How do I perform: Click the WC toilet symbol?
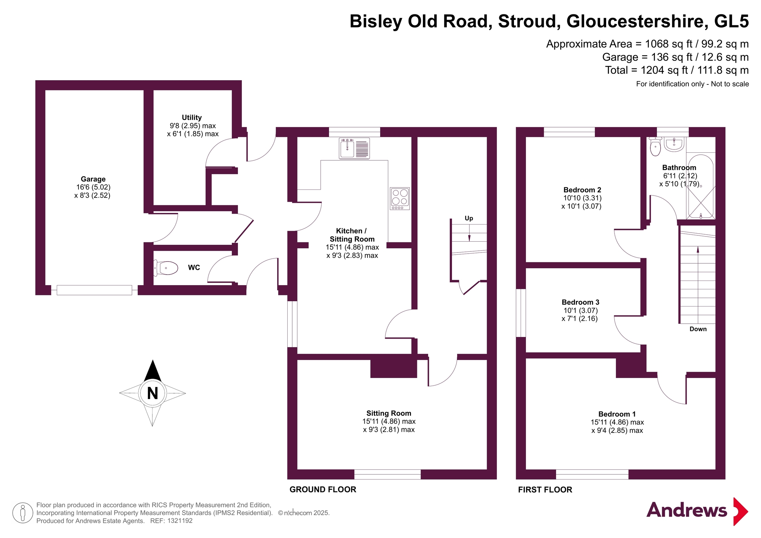tap(166, 268)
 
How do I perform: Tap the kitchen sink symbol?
tap(354, 148)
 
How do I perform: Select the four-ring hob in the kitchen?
tap(400, 199)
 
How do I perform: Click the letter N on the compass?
tap(152, 393)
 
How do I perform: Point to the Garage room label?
tap(93, 179)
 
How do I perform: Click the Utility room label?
tap(192, 117)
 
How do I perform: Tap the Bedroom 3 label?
tap(580, 302)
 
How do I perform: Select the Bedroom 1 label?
tap(617, 414)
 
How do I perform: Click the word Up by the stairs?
tap(469, 219)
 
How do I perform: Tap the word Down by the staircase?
tap(698, 329)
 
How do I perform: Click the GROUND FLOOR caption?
tap(323, 489)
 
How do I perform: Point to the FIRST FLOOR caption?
tap(545, 490)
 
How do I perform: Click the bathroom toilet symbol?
tap(655, 146)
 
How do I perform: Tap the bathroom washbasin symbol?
tap(674, 144)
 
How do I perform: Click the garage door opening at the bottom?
tap(94, 290)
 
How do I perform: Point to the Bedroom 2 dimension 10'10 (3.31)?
tap(582, 198)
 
